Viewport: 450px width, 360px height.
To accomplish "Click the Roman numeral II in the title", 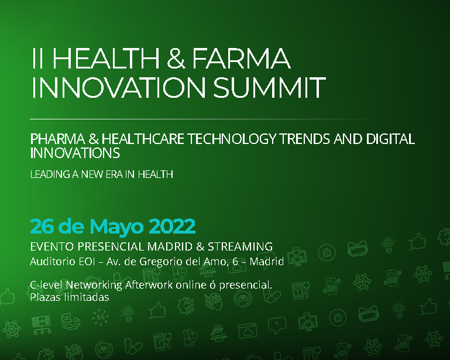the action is pyautogui.click(x=37, y=59).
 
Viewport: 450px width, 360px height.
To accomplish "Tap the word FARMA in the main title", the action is pyautogui.click(x=241, y=59).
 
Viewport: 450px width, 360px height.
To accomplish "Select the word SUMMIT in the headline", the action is pyautogui.click(x=269, y=87).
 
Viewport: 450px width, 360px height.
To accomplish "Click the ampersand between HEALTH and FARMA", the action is pyautogui.click(x=176, y=59).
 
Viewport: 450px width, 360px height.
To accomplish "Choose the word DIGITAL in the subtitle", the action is pyautogui.click(x=390, y=139).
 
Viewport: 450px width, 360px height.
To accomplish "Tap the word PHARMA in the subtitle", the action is pyautogui.click(x=58, y=139).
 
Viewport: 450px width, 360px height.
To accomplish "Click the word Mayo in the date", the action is pyautogui.click(x=116, y=227).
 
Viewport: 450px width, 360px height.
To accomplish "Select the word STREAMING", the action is pyautogui.click(x=240, y=246).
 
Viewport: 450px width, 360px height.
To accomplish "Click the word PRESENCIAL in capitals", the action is pyautogui.click(x=111, y=246).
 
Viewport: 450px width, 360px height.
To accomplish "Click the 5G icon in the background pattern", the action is pyautogui.click(x=100, y=317).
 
